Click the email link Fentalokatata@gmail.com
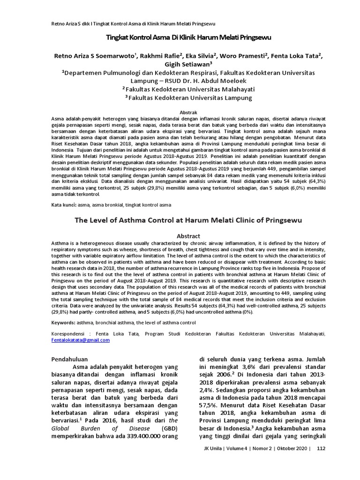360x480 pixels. [x=80, y=340]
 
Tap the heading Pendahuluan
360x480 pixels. [x=72, y=360]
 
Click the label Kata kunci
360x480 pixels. [x=63, y=205]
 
